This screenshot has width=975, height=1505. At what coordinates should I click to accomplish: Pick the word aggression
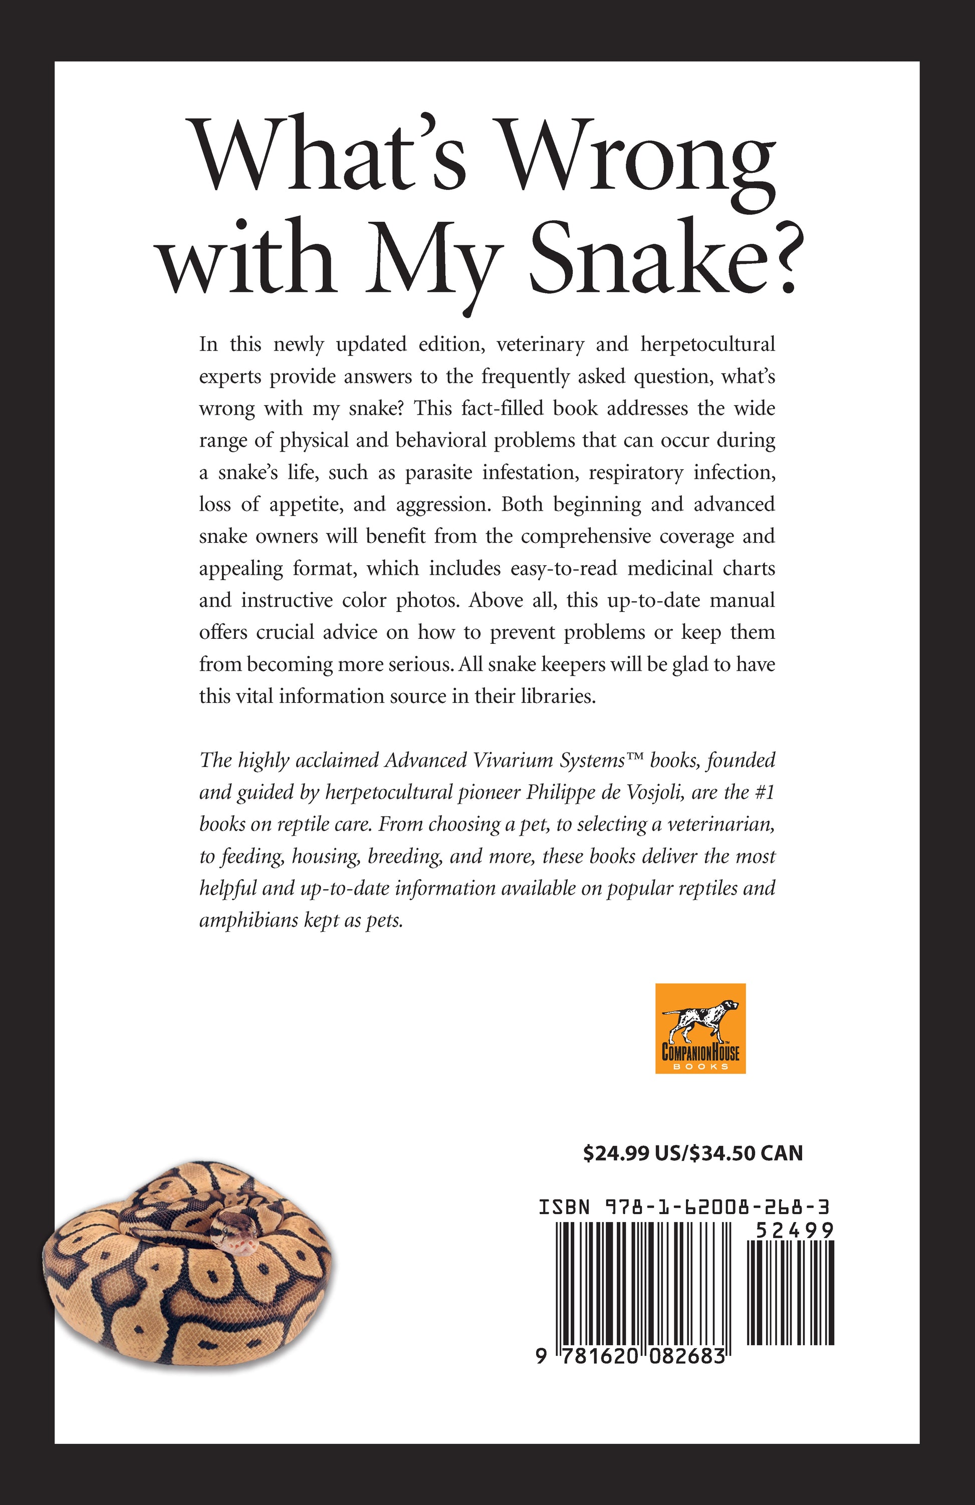point(440,505)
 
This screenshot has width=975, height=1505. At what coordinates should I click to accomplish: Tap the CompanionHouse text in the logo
point(700,1052)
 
